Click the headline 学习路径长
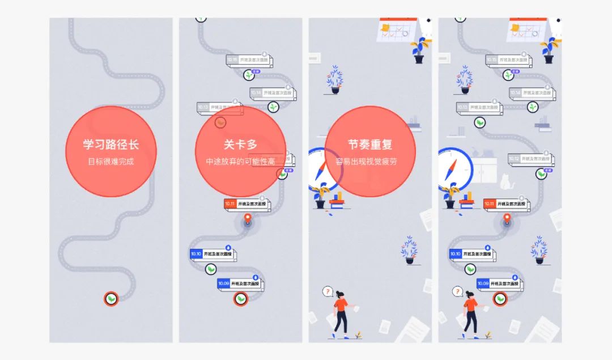click(111, 145)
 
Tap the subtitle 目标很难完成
click(111, 162)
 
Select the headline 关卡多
click(240, 145)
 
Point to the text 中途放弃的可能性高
click(240, 162)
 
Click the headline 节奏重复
click(370, 145)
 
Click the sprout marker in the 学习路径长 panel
click(112, 298)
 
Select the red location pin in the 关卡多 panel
click(247, 218)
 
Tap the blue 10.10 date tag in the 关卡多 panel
click(196, 253)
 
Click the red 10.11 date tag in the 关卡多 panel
click(229, 204)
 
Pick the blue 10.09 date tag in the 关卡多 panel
click(223, 283)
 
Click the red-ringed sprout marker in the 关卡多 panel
click(241, 298)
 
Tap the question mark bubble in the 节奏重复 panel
click(327, 291)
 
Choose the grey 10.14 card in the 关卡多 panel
click(273, 92)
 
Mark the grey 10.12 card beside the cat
click(529, 158)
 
